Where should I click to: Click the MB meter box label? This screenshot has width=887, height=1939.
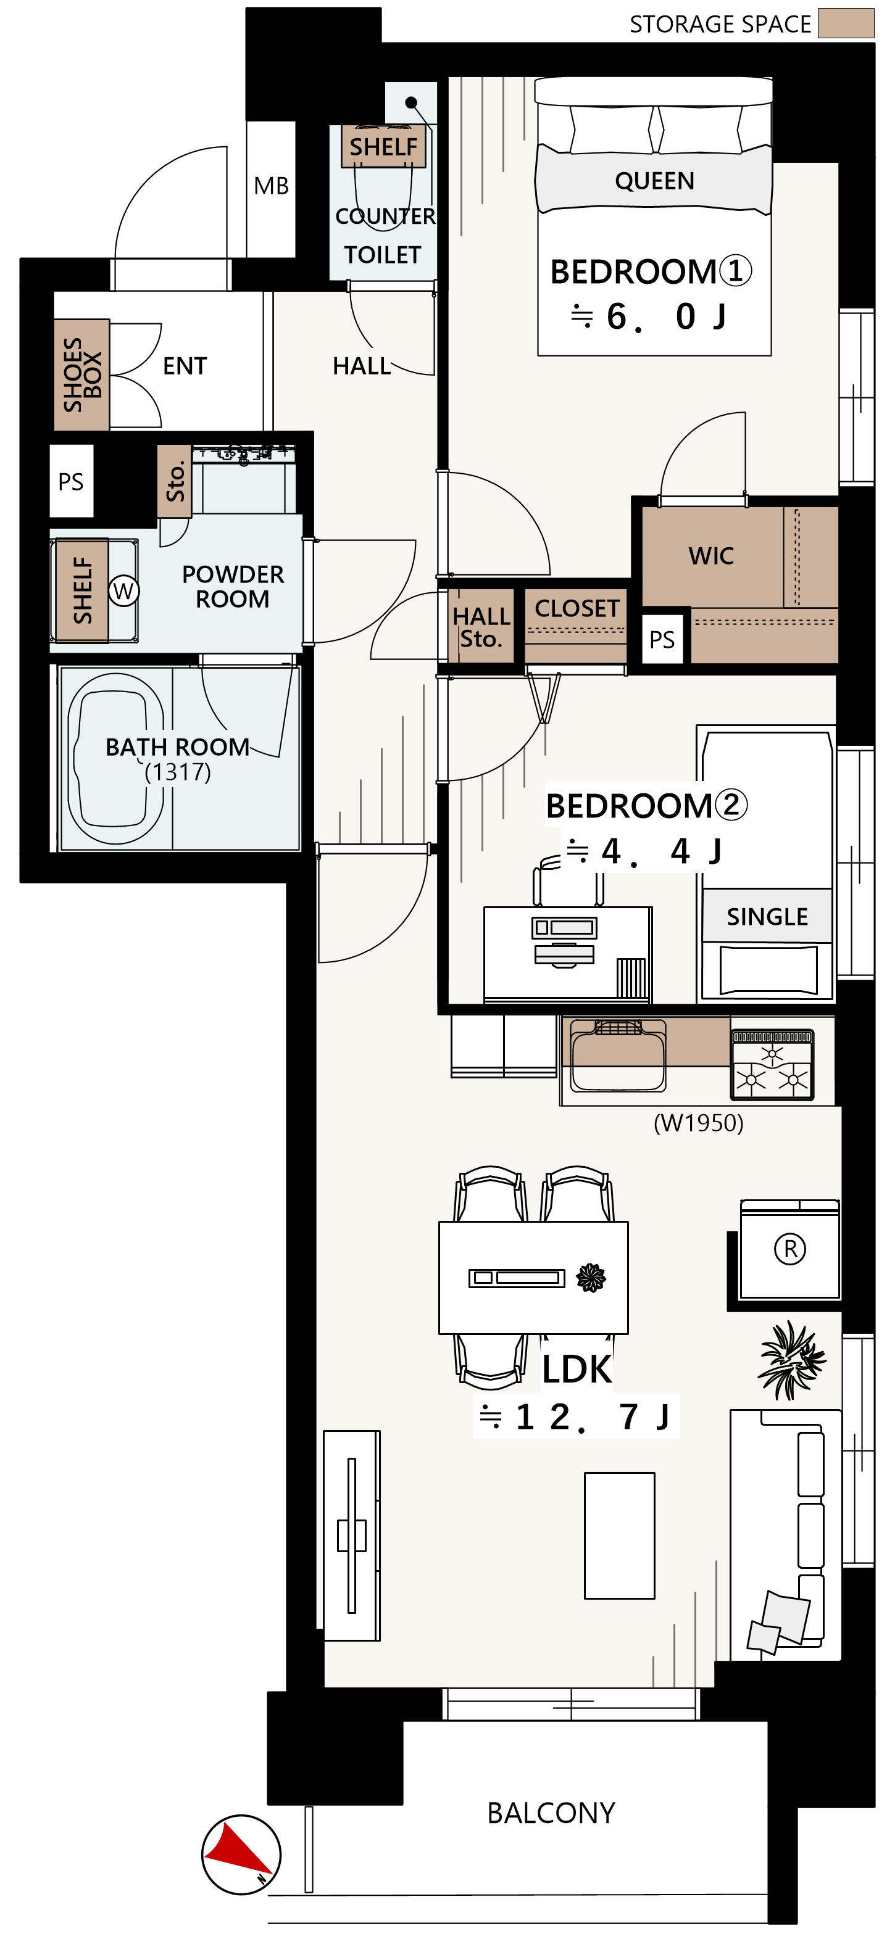pos(271,186)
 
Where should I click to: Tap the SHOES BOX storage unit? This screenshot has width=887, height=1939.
pos(81,375)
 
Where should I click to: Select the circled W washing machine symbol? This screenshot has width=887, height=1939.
pos(123,590)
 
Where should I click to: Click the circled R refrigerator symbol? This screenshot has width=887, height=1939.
pos(790,1249)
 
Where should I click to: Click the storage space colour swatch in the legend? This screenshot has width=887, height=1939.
pos(846,23)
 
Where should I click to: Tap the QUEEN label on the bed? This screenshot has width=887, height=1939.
pos(654,181)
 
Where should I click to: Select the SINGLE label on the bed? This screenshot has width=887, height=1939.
pos(767,917)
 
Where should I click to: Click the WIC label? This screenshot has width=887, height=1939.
pos(711,556)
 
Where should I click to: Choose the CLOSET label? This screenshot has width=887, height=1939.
pos(577,608)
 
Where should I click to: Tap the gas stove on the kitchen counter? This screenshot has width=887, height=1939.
pos(772,1064)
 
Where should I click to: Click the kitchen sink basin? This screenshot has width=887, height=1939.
pos(618,1056)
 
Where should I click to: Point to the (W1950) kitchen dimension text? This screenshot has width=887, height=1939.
pos(698,1123)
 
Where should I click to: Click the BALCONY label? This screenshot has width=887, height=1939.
pos(551,1813)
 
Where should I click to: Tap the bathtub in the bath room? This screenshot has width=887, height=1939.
pos(116,758)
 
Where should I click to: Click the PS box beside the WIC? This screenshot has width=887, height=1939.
pos(662,640)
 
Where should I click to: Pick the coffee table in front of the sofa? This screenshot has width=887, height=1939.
pos(620,1535)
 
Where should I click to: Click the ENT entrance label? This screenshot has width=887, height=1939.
pos(185,366)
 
